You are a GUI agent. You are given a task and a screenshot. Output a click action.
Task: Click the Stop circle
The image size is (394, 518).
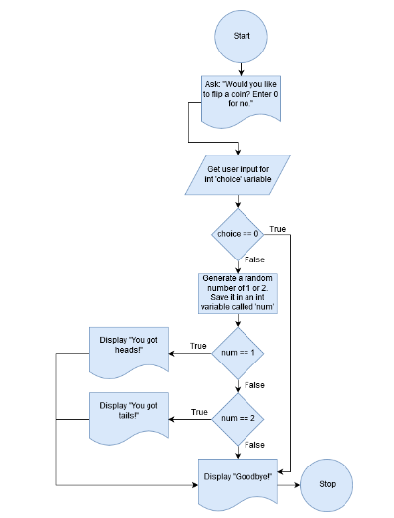(x=328, y=484)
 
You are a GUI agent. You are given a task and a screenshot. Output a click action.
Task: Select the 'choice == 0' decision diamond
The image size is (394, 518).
(x=237, y=234)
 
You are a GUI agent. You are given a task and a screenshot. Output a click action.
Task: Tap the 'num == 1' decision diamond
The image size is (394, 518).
(x=237, y=352)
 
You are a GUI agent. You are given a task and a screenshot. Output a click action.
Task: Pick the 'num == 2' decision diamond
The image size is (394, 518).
(x=237, y=418)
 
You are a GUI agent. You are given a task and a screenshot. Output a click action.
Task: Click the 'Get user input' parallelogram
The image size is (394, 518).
(x=237, y=175)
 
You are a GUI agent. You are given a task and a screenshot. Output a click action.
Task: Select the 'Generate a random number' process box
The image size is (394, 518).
(x=237, y=291)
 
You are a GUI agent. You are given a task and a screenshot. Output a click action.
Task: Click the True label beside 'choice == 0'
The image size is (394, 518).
(x=278, y=229)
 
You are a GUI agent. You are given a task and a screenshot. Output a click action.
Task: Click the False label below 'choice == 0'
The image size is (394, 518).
(x=253, y=259)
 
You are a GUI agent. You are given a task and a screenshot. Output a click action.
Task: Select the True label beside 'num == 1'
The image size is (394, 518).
(x=198, y=346)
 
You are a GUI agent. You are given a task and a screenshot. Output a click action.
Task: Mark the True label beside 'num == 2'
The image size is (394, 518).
(x=199, y=411)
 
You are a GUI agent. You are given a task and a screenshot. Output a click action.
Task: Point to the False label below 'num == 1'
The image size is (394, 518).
(x=254, y=383)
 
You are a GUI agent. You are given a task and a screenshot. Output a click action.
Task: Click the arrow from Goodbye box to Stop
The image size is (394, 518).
(x=288, y=484)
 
